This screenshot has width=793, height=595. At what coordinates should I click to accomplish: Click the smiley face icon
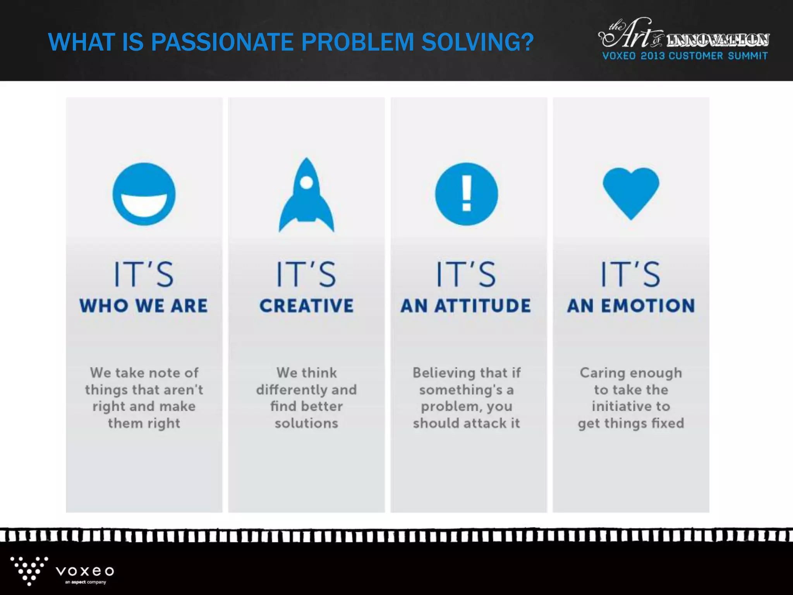(144, 194)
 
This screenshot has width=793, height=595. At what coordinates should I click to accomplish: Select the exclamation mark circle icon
(466, 194)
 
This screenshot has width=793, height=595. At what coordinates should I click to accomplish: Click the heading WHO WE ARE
(144, 306)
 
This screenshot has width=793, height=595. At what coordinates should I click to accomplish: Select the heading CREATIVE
(306, 306)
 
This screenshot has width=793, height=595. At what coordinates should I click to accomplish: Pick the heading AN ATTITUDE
(466, 306)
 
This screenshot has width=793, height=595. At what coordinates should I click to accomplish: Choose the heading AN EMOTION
(631, 306)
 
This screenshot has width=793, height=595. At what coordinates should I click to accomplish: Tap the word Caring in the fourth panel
(599, 373)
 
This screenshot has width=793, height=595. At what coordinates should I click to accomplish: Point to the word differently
(290, 390)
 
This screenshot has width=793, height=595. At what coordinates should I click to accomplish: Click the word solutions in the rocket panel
(306, 423)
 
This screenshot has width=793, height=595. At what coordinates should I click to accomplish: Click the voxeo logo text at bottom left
(85, 571)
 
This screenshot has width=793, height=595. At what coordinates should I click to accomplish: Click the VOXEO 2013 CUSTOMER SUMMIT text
(685, 56)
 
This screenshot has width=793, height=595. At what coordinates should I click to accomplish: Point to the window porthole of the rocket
(306, 182)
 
